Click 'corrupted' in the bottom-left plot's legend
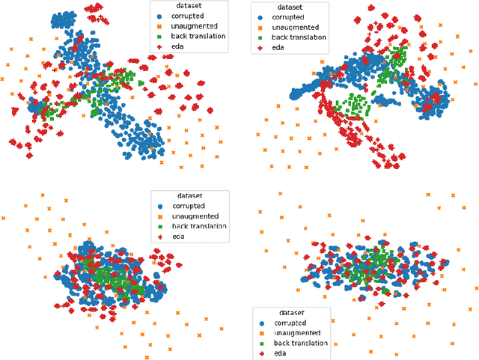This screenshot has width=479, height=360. (x=189, y=205)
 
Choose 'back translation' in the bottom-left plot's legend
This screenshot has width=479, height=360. (x=200, y=226)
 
